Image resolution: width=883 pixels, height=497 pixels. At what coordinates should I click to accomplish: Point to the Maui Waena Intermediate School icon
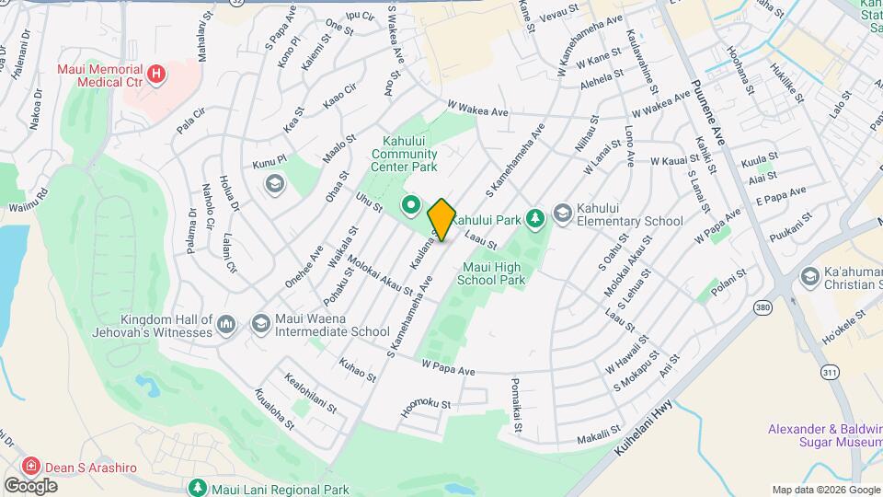click(260, 323)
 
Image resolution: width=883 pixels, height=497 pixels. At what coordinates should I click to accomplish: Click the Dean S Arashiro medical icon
click(32, 467)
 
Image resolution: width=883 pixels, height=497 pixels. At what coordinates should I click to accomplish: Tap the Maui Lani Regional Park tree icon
click(196, 486)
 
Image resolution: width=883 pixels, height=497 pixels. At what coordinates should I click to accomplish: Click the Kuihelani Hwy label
click(652, 428)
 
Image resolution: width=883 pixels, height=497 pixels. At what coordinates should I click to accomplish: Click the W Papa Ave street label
click(448, 369)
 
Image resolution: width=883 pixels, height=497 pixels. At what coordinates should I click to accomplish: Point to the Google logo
click(30, 485)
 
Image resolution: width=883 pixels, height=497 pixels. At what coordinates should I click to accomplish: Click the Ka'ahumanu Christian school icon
click(809, 276)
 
